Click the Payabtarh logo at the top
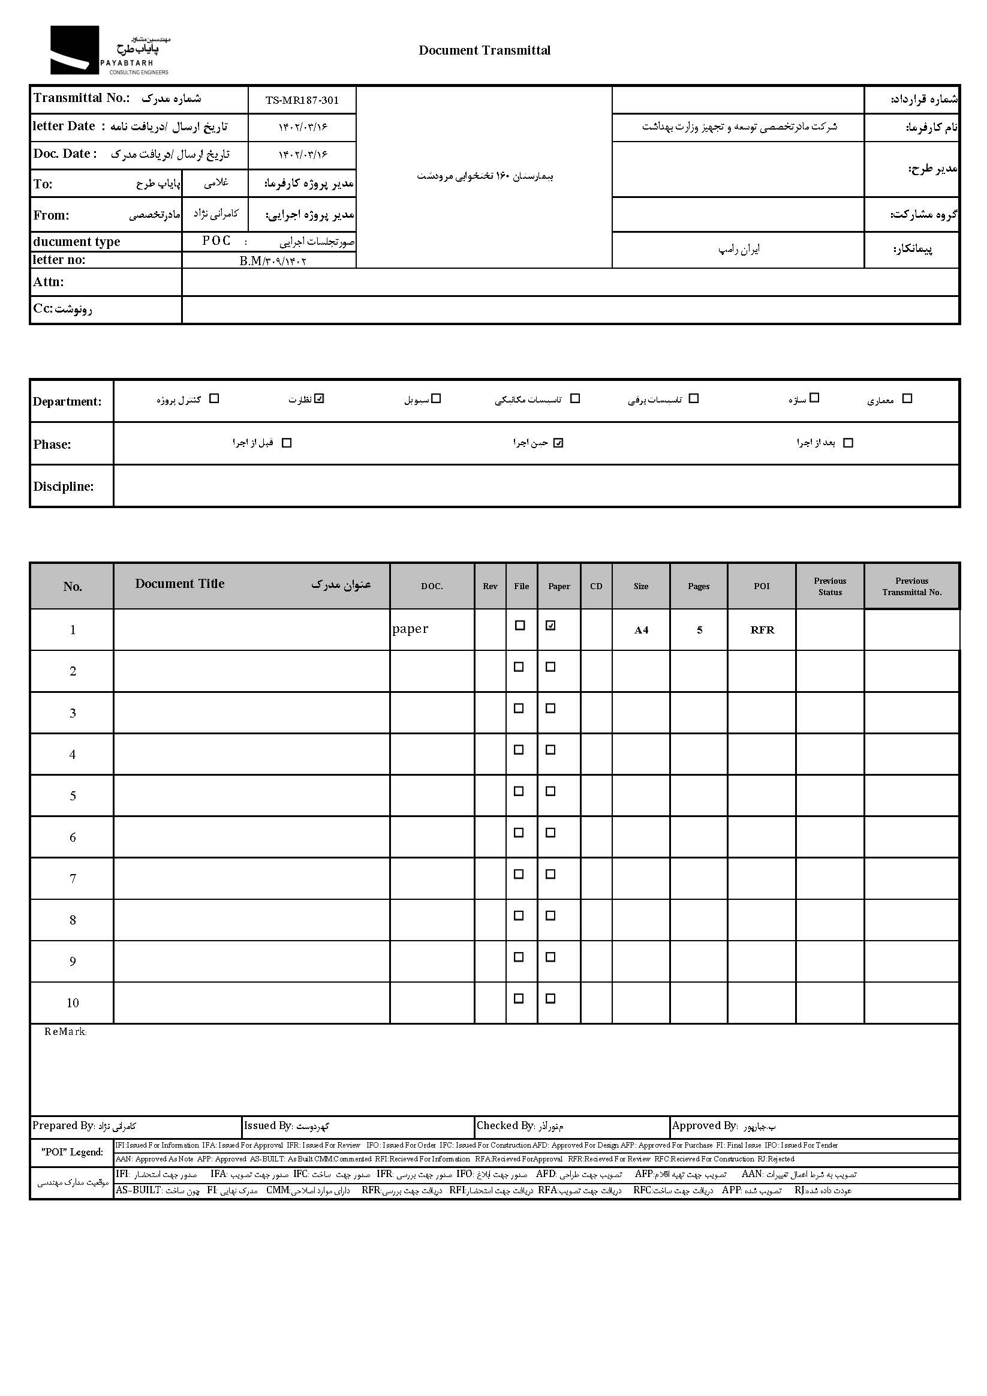[x=109, y=50]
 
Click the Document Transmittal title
[x=485, y=50]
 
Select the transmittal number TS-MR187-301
[x=302, y=100]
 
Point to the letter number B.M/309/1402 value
[x=273, y=261]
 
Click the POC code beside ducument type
[x=216, y=241]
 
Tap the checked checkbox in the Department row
[x=320, y=398]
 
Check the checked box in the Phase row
[x=558, y=443]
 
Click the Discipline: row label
[x=64, y=487]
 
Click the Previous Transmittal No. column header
[x=911, y=586]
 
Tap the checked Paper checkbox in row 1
[x=550, y=625]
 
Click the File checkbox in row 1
[x=520, y=625]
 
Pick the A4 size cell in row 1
[x=641, y=630]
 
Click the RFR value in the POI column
[x=762, y=630]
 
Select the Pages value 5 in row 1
[x=699, y=630]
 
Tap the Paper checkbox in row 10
[x=550, y=998]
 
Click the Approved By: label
[x=705, y=1125]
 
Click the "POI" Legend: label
[x=73, y=1152]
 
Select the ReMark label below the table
[x=65, y=1032]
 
